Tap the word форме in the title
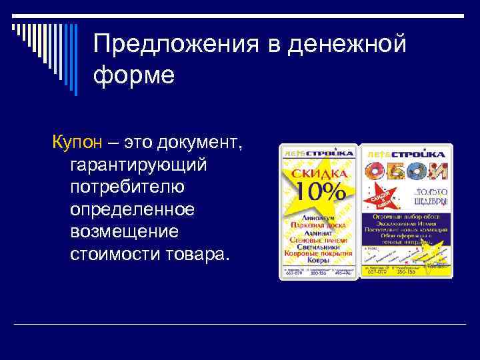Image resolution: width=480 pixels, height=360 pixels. pyautogui.click(x=134, y=74)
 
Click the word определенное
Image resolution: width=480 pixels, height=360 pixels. pyautogui.click(x=132, y=209)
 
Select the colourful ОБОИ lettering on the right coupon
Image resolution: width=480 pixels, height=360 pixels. pyautogui.click(x=406, y=171)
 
